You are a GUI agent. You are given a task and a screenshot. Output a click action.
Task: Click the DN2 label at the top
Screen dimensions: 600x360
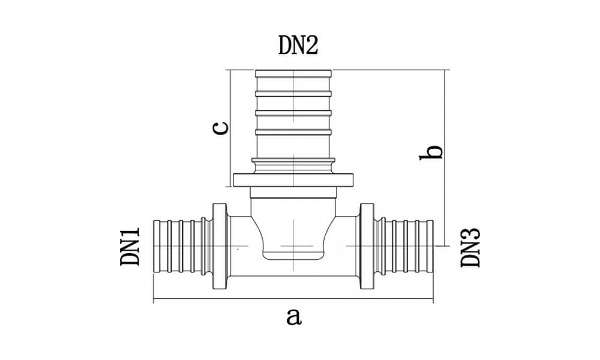[x=298, y=46]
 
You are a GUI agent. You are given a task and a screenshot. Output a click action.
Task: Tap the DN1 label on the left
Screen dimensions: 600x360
[x=130, y=247]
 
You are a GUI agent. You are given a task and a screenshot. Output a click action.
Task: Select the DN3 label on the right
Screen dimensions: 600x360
[x=470, y=248]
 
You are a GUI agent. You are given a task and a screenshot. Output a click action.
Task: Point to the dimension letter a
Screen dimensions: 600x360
[x=293, y=317]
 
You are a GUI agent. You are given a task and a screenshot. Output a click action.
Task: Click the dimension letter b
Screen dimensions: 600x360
[x=431, y=152]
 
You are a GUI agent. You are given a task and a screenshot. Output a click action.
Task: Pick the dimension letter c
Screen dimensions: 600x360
[x=220, y=128]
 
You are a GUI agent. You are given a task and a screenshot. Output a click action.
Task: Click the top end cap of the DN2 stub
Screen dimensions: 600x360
[x=293, y=73]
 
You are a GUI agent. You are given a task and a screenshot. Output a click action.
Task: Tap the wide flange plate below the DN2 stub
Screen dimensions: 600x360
[x=293, y=180]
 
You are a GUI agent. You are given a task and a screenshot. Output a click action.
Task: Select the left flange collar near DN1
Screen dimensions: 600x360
[x=220, y=247]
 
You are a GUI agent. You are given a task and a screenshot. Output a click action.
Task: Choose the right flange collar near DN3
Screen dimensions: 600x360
[x=367, y=247]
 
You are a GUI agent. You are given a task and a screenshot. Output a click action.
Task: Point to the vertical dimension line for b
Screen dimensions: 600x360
[x=445, y=158]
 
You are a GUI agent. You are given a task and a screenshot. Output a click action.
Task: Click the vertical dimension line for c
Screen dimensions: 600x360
[x=231, y=128]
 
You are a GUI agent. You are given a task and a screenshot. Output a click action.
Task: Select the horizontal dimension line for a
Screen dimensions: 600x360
[x=293, y=299]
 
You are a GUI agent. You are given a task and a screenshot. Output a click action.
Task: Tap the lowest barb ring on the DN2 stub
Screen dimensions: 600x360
[x=293, y=133]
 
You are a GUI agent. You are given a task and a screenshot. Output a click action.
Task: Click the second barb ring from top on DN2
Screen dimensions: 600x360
[x=293, y=94]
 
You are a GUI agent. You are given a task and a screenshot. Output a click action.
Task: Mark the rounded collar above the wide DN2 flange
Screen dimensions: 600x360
[x=293, y=165]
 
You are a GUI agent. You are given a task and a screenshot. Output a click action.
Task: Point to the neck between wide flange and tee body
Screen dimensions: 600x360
[x=293, y=193]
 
